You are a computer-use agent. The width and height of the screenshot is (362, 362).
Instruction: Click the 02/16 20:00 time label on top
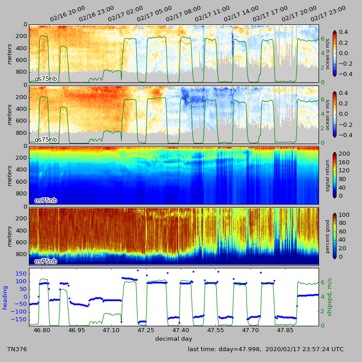[x=67, y=14]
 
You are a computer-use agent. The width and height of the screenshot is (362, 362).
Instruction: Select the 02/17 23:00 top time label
[x=328, y=14]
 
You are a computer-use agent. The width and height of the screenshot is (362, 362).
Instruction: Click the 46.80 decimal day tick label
[x=42, y=331]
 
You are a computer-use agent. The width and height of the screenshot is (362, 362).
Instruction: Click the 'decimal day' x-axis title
[x=174, y=339]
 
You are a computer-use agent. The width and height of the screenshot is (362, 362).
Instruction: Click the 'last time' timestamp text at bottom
[x=266, y=349]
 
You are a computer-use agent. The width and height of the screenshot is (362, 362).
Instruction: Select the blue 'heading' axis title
[x=5, y=297]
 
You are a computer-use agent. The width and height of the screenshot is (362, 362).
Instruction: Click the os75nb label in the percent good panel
[x=46, y=261]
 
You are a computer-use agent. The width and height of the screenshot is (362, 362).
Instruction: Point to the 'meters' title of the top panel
[x=10, y=53]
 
